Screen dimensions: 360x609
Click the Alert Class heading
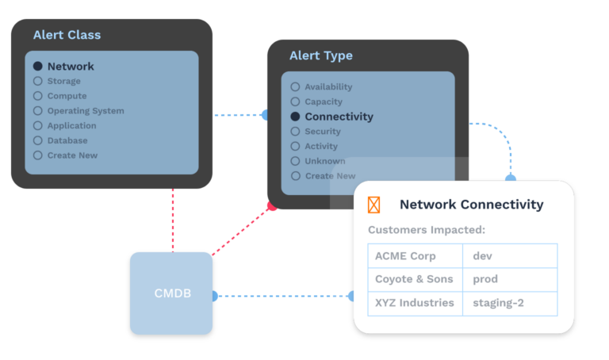tap(67, 35)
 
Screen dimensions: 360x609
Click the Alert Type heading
tap(320, 56)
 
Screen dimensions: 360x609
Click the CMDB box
tap(171, 293)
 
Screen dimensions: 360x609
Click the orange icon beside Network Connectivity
tap(374, 205)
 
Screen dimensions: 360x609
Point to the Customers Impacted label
tap(427, 230)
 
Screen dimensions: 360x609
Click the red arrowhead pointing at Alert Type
tap(272, 207)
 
